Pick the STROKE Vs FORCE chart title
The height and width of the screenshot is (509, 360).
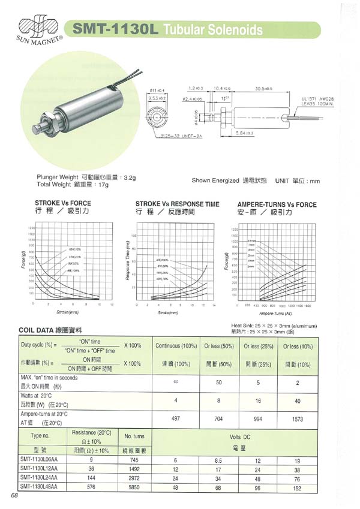(63, 204)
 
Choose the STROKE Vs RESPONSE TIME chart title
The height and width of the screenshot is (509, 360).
(178, 204)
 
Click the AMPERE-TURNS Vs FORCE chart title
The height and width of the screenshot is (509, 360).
(277, 204)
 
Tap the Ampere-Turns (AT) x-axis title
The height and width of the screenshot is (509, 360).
(276, 313)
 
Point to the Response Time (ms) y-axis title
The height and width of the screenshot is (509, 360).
(128, 261)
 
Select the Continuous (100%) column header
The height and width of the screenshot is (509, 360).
(176, 345)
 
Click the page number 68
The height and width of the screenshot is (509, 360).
(14, 495)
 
